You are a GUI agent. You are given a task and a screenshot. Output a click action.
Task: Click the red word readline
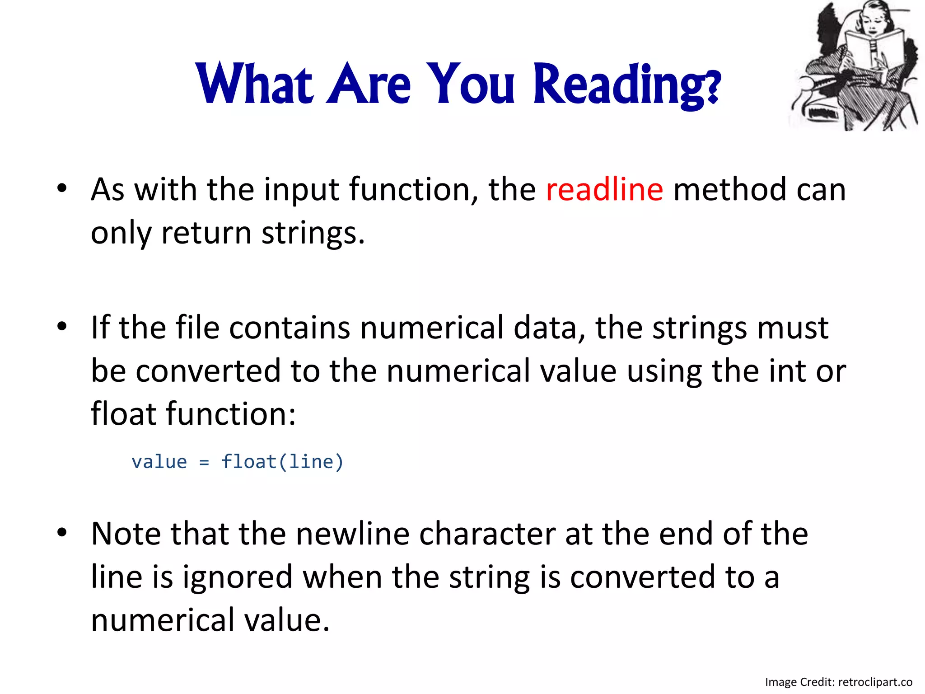point(604,190)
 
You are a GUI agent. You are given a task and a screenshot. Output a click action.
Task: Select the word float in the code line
point(248,462)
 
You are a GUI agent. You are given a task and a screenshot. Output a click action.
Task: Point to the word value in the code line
point(159,462)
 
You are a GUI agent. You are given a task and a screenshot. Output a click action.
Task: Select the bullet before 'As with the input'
point(62,188)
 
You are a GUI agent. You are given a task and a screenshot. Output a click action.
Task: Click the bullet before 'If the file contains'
point(62,326)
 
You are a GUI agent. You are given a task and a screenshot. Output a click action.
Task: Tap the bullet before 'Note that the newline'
point(62,532)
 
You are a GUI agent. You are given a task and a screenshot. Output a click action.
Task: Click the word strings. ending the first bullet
point(313,234)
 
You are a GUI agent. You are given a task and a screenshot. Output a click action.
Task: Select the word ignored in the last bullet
point(238,577)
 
